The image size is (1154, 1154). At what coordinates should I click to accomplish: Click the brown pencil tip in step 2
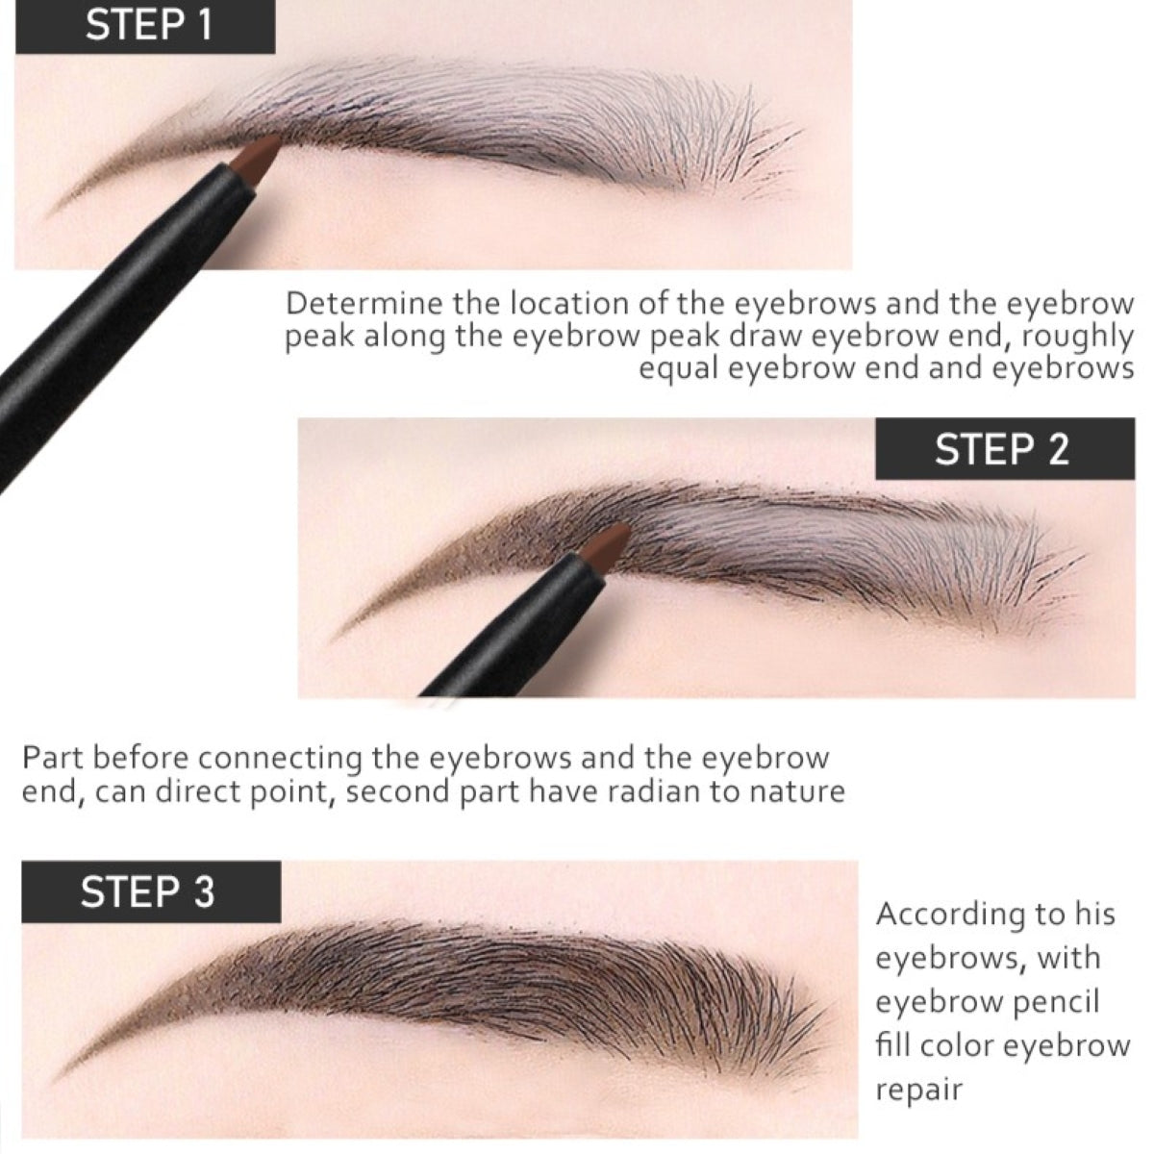[x=606, y=545]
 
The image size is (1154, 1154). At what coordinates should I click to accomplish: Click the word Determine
[x=365, y=304]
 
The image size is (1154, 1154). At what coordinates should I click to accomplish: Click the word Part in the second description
[x=53, y=758]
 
